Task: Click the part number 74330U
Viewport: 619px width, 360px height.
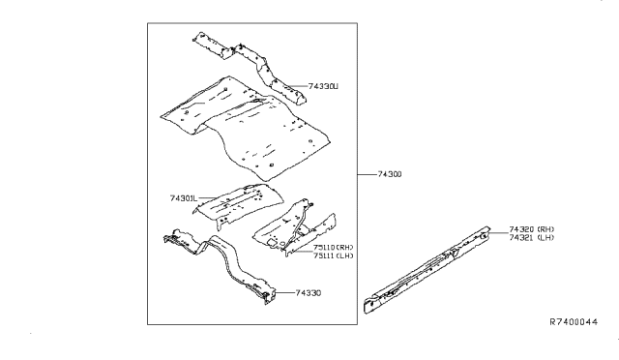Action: tap(323, 87)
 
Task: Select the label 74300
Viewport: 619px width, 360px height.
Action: tap(387, 175)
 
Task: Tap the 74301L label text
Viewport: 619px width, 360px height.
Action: tap(184, 198)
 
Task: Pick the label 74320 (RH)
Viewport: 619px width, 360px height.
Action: tap(524, 230)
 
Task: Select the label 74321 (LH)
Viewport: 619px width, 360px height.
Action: tap(524, 239)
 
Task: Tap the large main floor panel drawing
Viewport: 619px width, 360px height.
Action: tap(242, 121)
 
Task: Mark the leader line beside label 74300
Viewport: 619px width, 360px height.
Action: tap(363, 175)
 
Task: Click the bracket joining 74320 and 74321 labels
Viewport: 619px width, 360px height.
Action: tap(490, 234)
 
